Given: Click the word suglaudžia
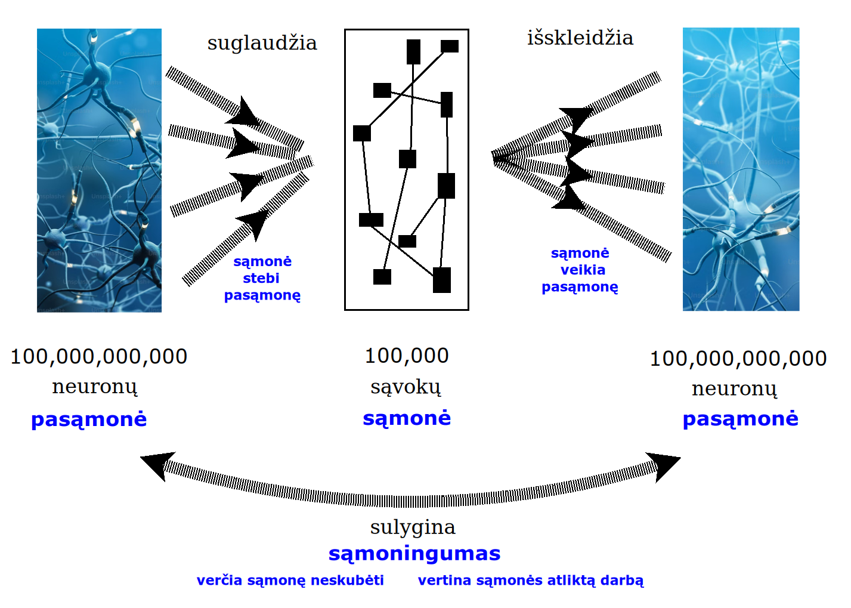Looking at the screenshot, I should pos(262,44).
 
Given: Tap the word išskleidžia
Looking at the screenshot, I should pos(580,38).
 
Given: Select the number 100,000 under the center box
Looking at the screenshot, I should pos(407,356).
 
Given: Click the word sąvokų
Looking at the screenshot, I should pos(406,387).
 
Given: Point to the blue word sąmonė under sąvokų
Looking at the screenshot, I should pos(407,418).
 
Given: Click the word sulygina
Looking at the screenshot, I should pos(413,527).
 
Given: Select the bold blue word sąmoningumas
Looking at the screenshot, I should pos(414,554).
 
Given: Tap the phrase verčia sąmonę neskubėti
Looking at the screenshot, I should pos(290,581).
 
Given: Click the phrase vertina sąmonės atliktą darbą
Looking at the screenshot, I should pos(531,581).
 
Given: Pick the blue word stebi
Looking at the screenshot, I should pos(261,278).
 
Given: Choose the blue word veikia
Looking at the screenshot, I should pos(583,270).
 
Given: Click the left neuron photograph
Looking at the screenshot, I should pos(99,170).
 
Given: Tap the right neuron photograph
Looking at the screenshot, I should pos(741,169).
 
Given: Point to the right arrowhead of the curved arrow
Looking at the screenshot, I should pos(664,465).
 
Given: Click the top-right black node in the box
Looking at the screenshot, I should pos(450,46).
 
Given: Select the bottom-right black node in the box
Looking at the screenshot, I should pos(442,280).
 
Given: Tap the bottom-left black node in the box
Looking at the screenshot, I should pos(382,277).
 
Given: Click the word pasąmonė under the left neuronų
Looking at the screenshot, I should pos(89,419).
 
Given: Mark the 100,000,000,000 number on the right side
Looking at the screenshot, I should pos(738,359).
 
